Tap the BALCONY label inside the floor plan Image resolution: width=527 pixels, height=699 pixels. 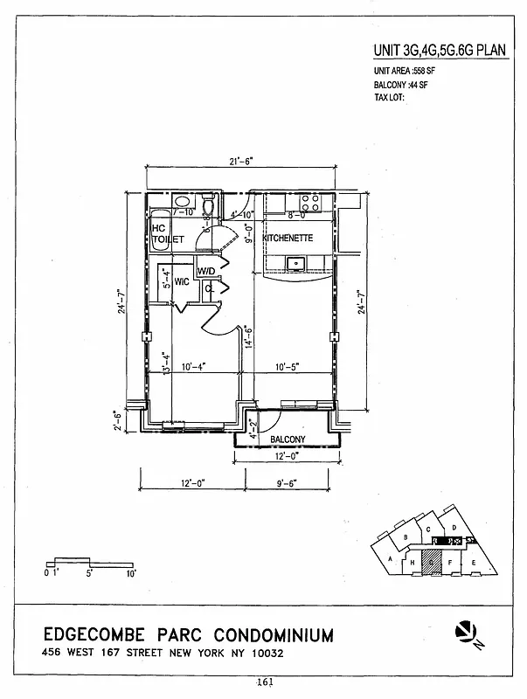pos(286,439)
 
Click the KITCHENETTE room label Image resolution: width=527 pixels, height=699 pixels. pos(288,237)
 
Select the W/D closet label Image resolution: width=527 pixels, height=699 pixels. pos(206,272)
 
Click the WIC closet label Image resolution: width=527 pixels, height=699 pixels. pos(183,282)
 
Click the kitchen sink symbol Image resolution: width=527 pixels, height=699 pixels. pos(296,261)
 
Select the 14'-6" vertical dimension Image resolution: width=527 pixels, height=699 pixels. pos(249,337)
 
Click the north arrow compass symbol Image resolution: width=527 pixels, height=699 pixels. pos(466,631)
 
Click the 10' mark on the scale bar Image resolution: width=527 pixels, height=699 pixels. pos(130,574)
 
